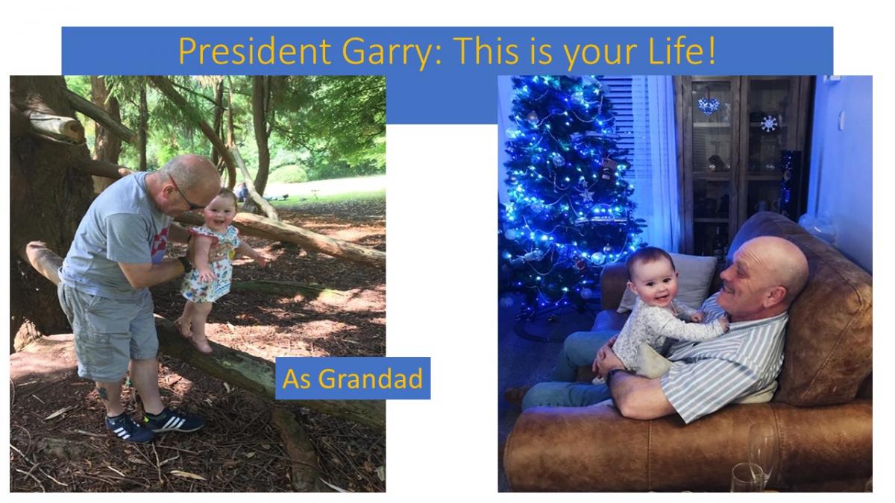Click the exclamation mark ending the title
pos(711,51)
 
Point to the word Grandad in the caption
pos(371,379)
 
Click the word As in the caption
pos(298,379)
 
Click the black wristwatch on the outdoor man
pos(185,265)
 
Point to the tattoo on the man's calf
pos(103,392)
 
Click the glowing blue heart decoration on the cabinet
pos(709,105)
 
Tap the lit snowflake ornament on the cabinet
pos(769,124)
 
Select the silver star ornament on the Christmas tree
pos(587,194)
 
